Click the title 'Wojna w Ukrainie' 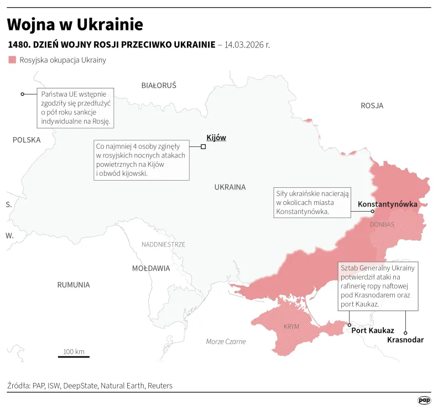(75, 24)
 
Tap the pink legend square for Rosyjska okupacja (12, 60)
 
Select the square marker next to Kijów (203, 146)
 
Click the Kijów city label (216, 138)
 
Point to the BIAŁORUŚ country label (159, 86)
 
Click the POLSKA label (27, 140)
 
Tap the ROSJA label (372, 106)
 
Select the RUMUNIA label (73, 285)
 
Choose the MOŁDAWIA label (151, 269)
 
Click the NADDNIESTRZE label (164, 244)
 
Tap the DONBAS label (382, 224)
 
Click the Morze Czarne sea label (226, 341)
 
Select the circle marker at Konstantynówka (373, 212)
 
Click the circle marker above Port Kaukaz (349, 324)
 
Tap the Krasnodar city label (405, 340)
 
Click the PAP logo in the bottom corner (424, 400)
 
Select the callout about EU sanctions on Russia (75, 108)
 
